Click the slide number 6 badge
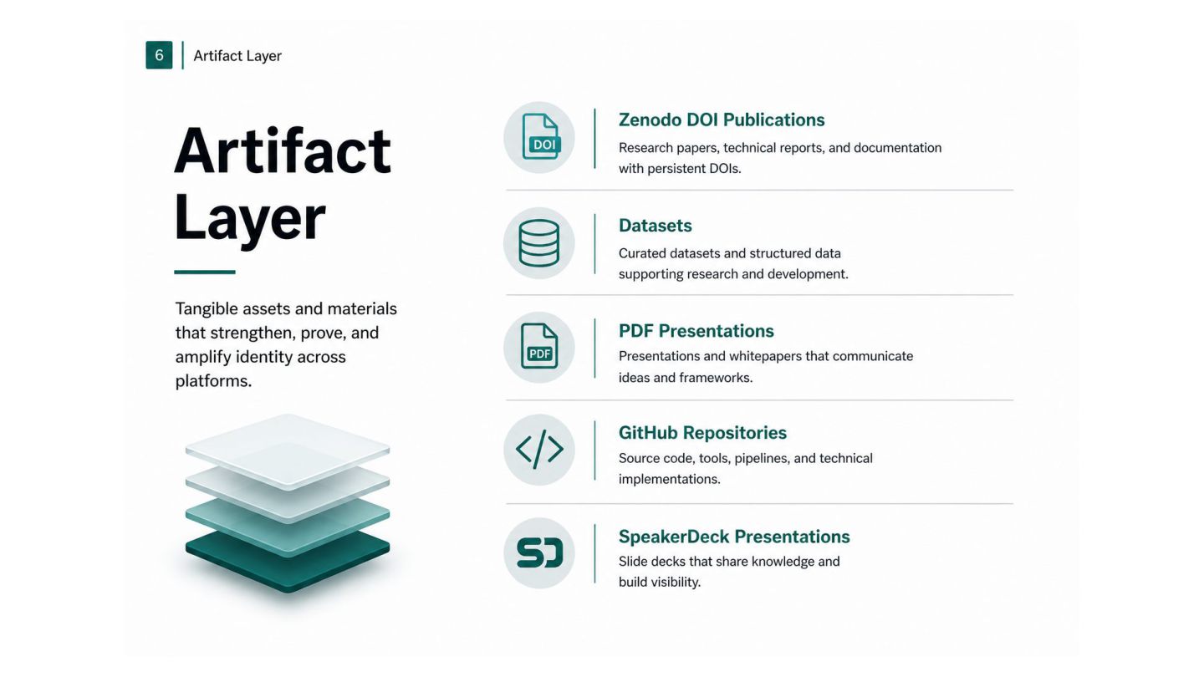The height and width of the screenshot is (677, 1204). [159, 55]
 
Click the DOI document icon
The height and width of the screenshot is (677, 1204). [541, 136]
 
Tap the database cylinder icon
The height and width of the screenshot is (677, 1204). [539, 243]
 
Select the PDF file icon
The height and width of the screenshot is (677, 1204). [539, 346]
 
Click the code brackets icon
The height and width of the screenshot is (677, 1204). [539, 449]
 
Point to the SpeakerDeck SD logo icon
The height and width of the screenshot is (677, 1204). [539, 552]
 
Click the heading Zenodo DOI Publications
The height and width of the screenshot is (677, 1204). [722, 120]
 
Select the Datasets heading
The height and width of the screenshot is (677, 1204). [656, 225]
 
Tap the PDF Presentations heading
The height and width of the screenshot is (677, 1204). [696, 330]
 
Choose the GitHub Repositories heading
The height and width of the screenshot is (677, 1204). [702, 433]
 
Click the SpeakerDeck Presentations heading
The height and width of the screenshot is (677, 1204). [734, 537]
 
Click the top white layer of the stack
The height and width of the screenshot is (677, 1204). [288, 450]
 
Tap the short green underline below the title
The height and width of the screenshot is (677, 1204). [205, 272]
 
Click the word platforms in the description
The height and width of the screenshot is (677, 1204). [213, 381]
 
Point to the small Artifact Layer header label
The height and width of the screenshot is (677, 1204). [237, 55]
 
